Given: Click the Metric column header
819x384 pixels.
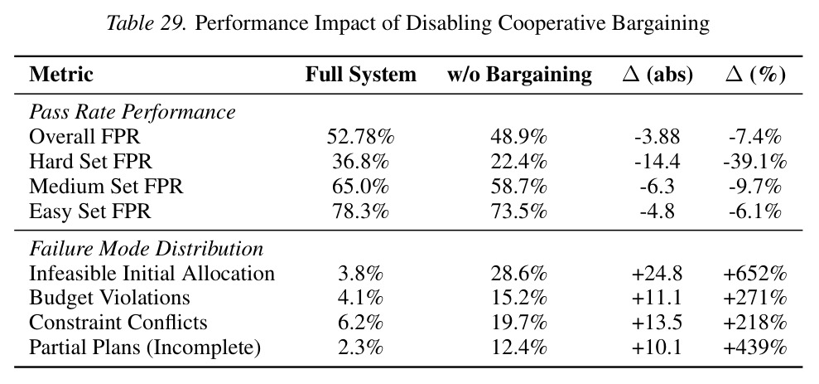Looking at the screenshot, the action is (61, 75).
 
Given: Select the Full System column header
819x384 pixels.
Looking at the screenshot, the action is (361, 75).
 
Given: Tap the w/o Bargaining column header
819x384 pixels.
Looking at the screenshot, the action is (519, 75).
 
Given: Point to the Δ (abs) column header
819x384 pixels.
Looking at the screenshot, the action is (658, 75).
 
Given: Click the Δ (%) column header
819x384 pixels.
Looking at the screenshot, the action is (755, 75).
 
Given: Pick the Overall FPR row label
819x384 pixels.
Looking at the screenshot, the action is (84, 137).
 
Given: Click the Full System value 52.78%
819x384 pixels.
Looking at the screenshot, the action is (361, 137).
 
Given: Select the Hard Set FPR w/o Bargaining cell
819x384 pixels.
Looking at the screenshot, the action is (518, 162).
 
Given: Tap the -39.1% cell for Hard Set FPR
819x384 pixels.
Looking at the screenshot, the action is (755, 162).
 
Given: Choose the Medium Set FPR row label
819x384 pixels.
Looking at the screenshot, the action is (106, 187).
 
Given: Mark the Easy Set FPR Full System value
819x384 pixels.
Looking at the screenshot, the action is (361, 211).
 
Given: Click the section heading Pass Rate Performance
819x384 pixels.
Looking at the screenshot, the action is (132, 112).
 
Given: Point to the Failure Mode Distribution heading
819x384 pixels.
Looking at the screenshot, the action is (147, 249).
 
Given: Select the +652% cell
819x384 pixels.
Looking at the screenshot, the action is (755, 273).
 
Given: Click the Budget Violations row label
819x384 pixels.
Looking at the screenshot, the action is (109, 298).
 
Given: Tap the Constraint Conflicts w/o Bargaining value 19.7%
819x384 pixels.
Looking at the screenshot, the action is (518, 323).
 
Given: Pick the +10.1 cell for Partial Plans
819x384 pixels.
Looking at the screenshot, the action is (657, 348).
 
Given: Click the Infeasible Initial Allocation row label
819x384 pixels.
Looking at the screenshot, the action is (152, 273).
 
